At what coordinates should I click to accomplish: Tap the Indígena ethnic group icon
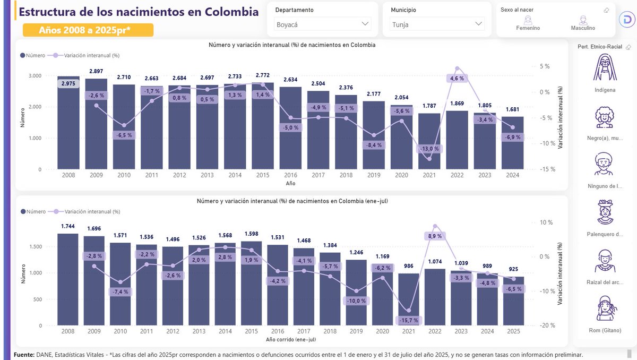pos(605,68)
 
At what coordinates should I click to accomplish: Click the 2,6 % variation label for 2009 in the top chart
pos(96,96)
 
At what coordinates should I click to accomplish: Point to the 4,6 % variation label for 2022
pos(457,78)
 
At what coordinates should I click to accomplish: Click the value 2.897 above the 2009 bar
pos(96,71)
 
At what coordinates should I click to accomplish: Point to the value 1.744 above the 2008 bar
pos(68,226)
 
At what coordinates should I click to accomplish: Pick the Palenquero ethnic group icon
pos(605,212)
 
